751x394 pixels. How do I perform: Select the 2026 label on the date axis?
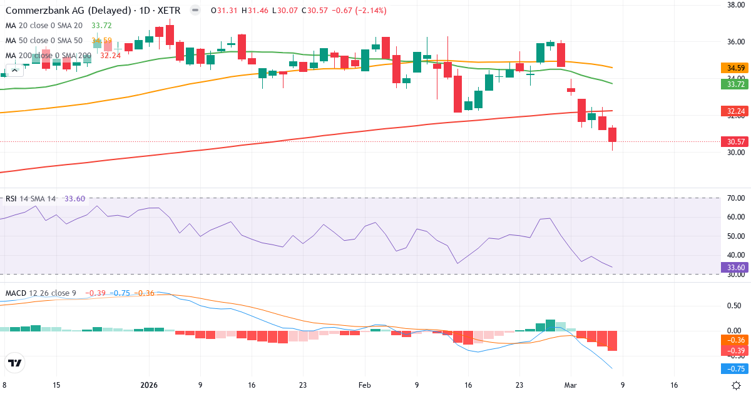(149, 385)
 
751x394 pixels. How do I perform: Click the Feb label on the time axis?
(365, 385)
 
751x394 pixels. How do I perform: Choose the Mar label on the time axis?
(570, 385)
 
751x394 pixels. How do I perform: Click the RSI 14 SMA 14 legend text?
(31, 199)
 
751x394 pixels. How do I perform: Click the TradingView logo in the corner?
(14, 363)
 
